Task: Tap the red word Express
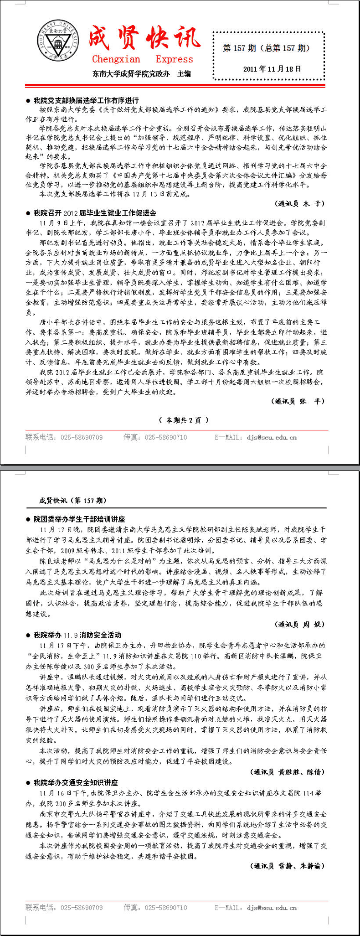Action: point(174,59)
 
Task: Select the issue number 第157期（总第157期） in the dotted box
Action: point(267,48)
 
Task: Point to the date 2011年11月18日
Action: point(272,69)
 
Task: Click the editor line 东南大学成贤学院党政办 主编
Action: point(142,74)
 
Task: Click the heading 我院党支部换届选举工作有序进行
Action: point(86,100)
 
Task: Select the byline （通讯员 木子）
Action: point(300,203)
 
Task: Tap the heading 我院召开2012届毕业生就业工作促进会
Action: point(95,213)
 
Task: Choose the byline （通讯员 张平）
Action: point(299,401)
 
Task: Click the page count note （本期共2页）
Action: point(184,420)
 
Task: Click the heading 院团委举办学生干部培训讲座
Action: point(79,519)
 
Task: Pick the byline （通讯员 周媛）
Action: point(299,624)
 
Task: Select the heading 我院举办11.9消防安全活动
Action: point(77,635)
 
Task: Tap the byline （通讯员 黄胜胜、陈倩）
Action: point(288,772)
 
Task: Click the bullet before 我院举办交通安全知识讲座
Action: point(28,782)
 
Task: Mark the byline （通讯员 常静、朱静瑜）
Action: point(288,866)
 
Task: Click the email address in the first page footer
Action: point(272,437)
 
